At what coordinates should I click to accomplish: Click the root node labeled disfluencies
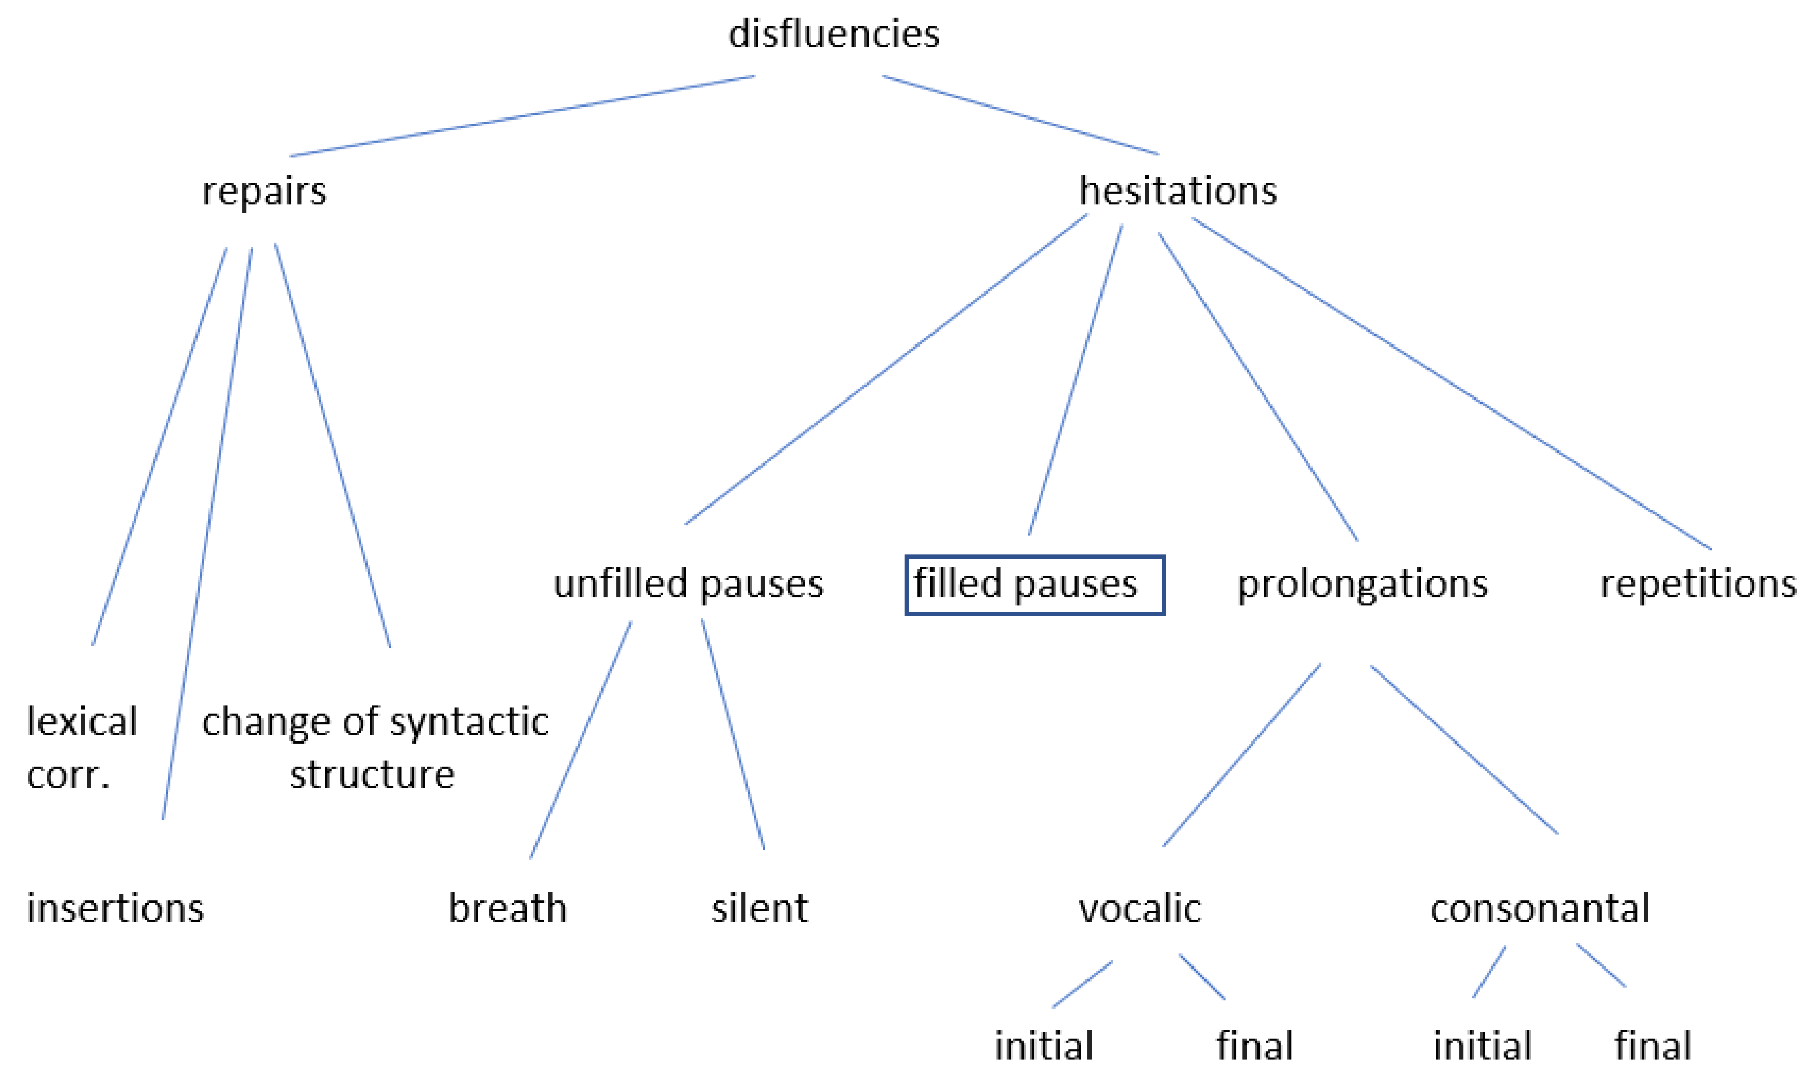[833, 34]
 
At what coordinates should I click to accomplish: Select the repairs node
[264, 191]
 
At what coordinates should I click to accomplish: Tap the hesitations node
[1177, 191]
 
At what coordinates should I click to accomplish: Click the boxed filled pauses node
[1034, 585]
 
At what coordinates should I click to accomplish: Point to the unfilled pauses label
[688, 585]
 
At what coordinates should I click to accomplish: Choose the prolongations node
[1362, 585]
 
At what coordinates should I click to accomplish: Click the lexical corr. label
[81, 747]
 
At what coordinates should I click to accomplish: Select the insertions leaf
[115, 908]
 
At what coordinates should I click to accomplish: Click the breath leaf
[507, 908]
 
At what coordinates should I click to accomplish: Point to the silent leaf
[759, 908]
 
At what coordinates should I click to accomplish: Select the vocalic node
[1139, 908]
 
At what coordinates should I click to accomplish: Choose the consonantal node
[1539, 908]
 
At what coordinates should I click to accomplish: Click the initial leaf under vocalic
[1043, 1045]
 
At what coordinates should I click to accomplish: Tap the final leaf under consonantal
[1653, 1045]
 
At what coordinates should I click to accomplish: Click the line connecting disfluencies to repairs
[522, 116]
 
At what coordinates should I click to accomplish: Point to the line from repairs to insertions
[207, 533]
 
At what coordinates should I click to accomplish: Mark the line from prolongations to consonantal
[1463, 749]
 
